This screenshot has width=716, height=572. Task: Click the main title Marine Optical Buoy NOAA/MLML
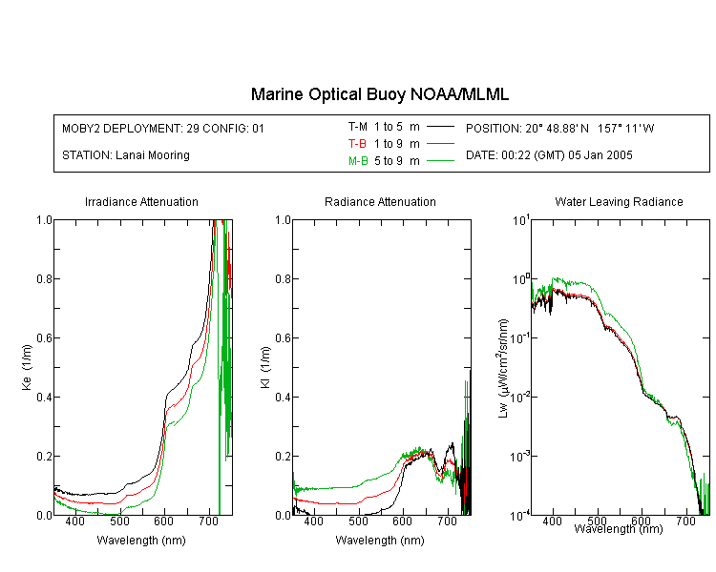pyautogui.click(x=379, y=94)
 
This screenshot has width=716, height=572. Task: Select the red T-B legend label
pyautogui.click(x=358, y=144)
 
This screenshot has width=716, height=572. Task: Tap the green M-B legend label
pyautogui.click(x=358, y=161)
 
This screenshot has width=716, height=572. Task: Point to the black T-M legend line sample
pyautogui.click(x=440, y=127)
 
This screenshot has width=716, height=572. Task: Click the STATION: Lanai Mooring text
pyautogui.click(x=126, y=155)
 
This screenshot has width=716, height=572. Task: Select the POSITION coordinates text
pyautogui.click(x=559, y=128)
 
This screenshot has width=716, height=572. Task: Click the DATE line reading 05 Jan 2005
pyautogui.click(x=549, y=155)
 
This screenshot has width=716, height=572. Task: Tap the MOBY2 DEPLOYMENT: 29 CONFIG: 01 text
pyautogui.click(x=163, y=128)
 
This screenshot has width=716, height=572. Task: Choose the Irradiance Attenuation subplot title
pyautogui.click(x=141, y=201)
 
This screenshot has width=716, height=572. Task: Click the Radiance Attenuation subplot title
pyautogui.click(x=380, y=201)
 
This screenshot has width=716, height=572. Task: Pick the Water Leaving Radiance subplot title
pyautogui.click(x=619, y=201)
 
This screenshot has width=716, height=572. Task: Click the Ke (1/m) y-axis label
pyautogui.click(x=27, y=367)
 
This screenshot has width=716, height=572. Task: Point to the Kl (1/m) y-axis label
pyautogui.click(x=265, y=367)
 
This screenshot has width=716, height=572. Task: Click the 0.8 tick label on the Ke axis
pyautogui.click(x=44, y=278)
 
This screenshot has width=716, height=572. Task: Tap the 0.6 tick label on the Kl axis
pyautogui.click(x=284, y=338)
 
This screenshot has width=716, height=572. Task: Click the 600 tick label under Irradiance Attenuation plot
pyautogui.click(x=163, y=521)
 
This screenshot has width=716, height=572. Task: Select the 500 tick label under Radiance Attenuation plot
pyautogui.click(x=358, y=521)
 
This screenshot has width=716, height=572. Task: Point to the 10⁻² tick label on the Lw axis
pyautogui.click(x=520, y=397)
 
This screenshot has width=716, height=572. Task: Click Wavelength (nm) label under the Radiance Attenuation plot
pyautogui.click(x=380, y=541)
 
